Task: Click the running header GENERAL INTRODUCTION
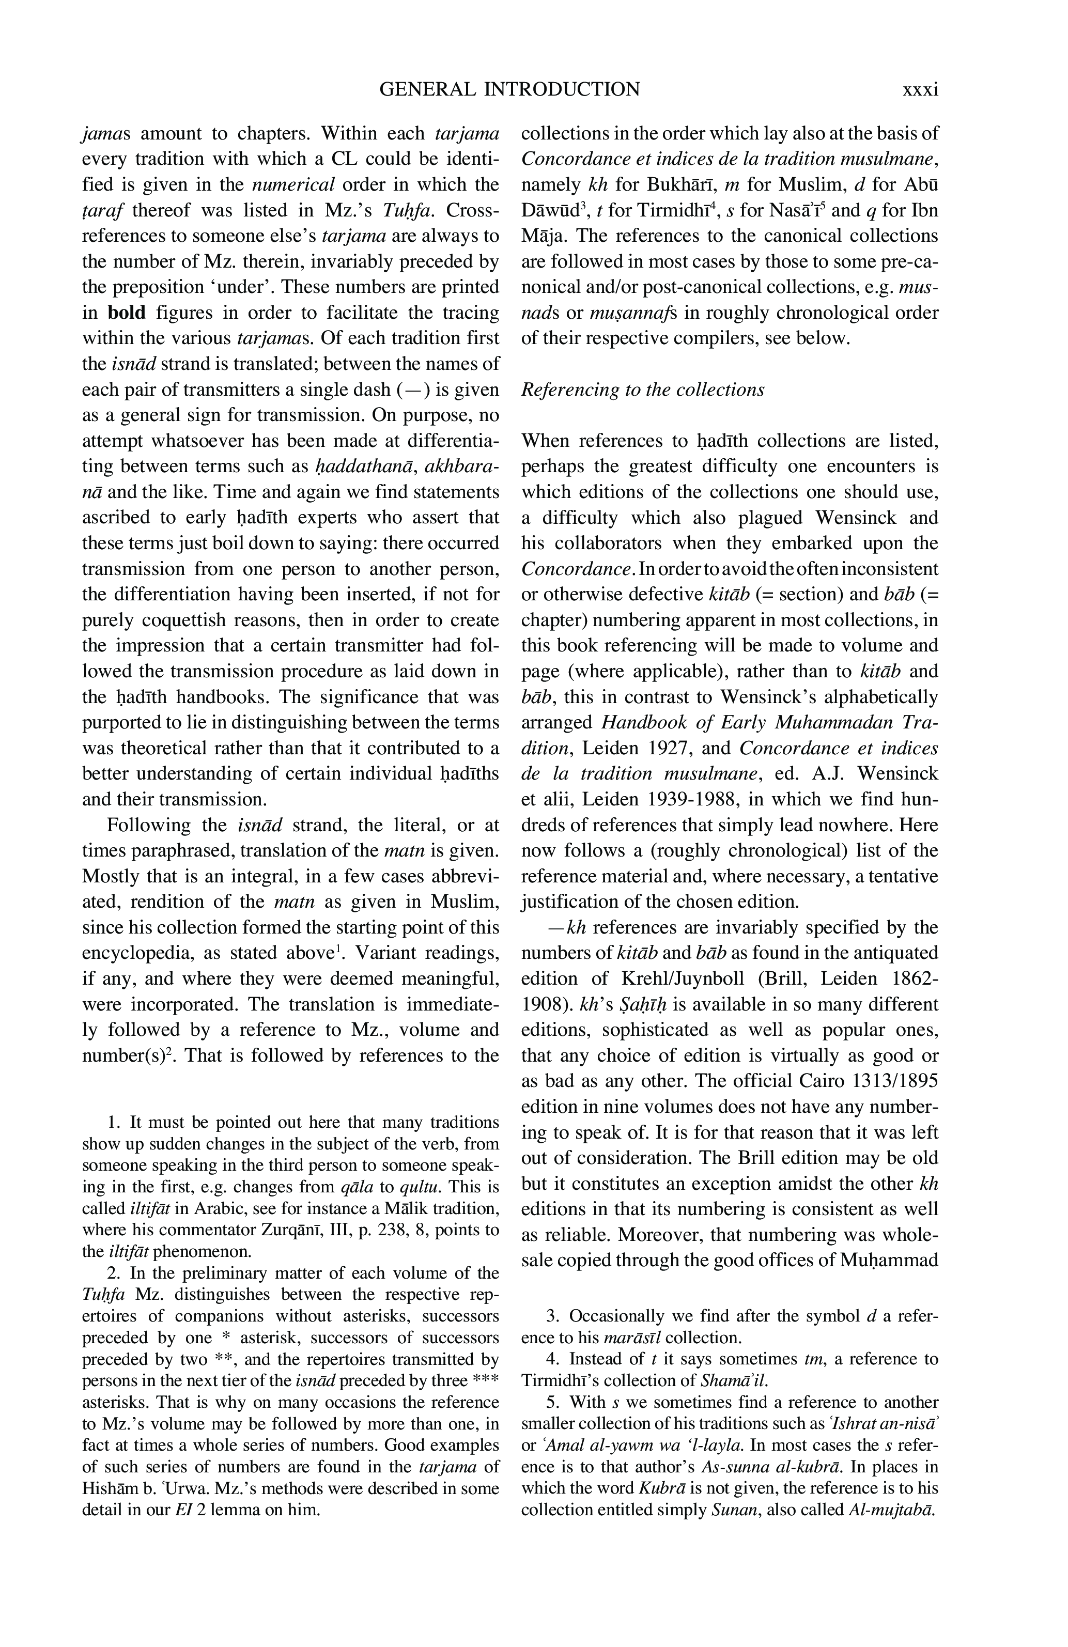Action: (510, 89)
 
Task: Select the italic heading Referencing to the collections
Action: (642, 390)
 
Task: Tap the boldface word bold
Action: (127, 313)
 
